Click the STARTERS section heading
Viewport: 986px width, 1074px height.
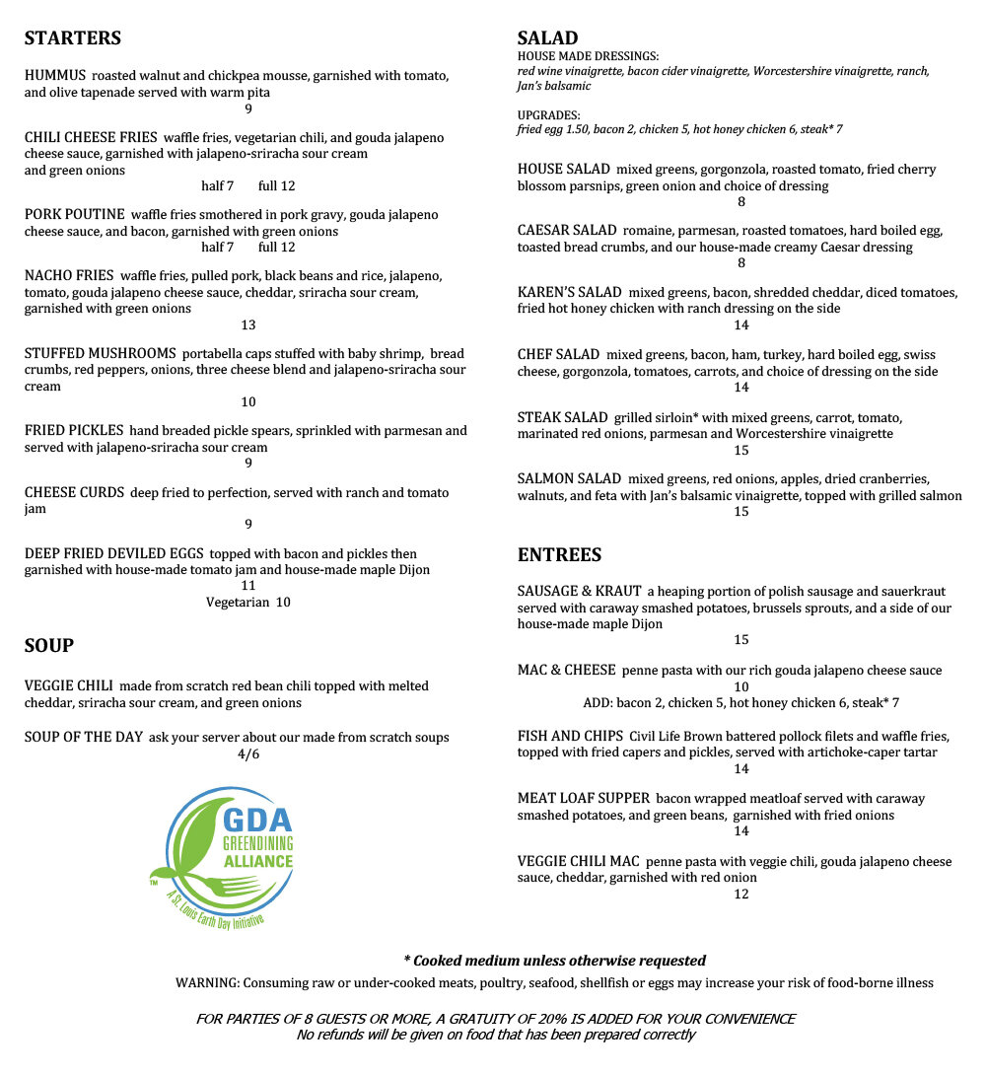coord(73,38)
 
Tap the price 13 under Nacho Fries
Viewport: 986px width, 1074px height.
coord(248,325)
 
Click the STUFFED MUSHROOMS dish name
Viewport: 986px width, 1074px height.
coord(101,353)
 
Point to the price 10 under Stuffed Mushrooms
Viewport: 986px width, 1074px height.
coord(248,402)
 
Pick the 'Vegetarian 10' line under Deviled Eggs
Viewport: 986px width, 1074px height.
coord(248,603)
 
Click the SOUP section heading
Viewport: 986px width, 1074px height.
coord(49,646)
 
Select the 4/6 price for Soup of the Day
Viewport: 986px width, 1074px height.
coord(248,755)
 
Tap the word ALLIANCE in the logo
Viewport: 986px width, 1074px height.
coord(256,860)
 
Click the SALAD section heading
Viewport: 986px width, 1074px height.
coord(547,38)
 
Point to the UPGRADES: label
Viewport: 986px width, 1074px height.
coord(549,114)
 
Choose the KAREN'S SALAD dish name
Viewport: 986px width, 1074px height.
coord(570,292)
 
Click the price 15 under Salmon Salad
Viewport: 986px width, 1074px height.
coord(741,512)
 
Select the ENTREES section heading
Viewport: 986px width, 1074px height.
coord(559,555)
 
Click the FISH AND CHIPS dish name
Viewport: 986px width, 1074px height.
coord(570,736)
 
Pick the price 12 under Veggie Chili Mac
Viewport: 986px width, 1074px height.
coord(741,895)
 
